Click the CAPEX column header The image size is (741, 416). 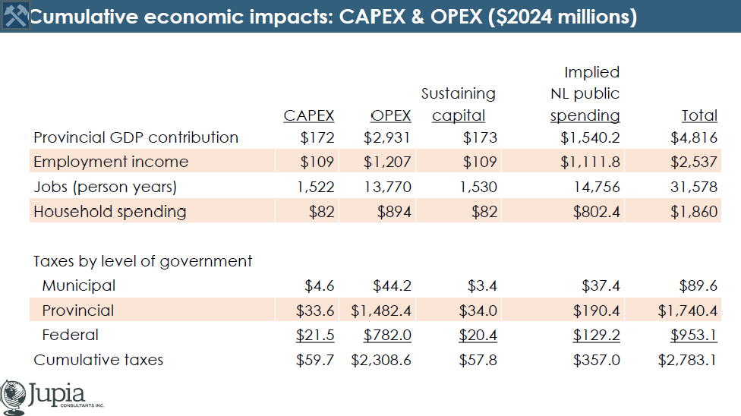coord(308,115)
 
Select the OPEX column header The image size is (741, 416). coord(390,115)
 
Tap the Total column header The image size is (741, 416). coord(699,115)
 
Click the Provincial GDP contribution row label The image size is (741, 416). coord(136,137)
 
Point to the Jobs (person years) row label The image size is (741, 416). coord(105,187)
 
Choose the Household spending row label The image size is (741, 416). coord(109,212)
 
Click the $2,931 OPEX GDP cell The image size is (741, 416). coord(387,137)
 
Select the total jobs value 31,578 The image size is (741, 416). coord(694,187)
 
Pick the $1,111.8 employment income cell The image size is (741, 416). coord(590,162)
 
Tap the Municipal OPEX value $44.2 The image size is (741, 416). coord(392,285)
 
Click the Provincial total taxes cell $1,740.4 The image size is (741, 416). coord(688,310)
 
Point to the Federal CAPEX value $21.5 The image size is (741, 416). coord(315,336)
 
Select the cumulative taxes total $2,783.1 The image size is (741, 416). coord(688,361)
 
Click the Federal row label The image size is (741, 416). coord(70,336)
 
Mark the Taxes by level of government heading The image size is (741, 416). coord(143,261)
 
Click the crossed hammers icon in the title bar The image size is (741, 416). coord(15,16)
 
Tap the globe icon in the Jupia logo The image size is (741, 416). coord(13,397)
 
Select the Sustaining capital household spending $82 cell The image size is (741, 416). coord(484,212)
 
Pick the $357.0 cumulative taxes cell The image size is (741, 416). coord(597,361)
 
